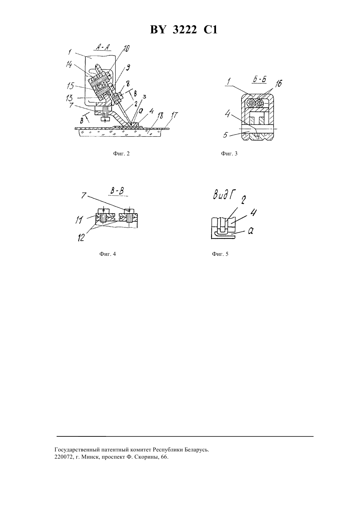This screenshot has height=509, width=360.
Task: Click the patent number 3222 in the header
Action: pos(185,30)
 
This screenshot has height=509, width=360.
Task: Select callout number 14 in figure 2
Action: pos(69,64)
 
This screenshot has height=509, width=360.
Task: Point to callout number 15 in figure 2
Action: pos(70,86)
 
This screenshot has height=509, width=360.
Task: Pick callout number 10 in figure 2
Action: pos(126,48)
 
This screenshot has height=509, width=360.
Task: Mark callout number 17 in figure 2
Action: pos(174,115)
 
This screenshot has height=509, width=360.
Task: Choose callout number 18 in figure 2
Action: pos(160,116)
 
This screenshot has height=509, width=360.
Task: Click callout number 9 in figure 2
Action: pos(128,67)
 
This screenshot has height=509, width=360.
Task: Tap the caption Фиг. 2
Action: pos(121,154)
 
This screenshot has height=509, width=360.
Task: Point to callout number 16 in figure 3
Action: pos(279,84)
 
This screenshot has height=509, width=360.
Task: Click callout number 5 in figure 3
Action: pos(225,135)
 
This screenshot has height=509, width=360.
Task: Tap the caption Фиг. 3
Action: pos(229,154)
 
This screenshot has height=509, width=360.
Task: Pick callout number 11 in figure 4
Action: pos(79,220)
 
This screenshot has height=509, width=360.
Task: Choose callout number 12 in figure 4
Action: pos(81,238)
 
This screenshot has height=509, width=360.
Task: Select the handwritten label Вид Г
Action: pos(224,195)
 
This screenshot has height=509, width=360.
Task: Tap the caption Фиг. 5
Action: pos(220,254)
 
